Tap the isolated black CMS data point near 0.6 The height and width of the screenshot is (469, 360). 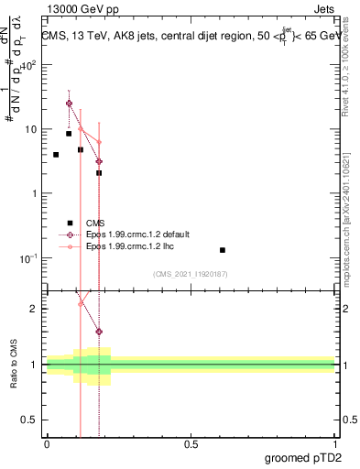pyautogui.click(x=222, y=250)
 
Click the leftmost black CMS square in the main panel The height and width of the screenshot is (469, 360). pyautogui.click(x=56, y=155)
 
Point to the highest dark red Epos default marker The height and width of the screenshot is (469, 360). pyautogui.click(x=69, y=104)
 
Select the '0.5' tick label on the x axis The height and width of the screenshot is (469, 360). pyautogui.click(x=191, y=444)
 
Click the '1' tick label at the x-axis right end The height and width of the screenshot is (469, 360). pyautogui.click(x=334, y=444)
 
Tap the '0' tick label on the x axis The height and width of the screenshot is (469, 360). pyautogui.click(x=47, y=444)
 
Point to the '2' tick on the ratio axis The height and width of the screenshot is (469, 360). pyautogui.click(x=35, y=309)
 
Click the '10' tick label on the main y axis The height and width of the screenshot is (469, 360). pyautogui.click(x=29, y=129)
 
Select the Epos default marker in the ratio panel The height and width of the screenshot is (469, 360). pyautogui.click(x=99, y=332)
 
